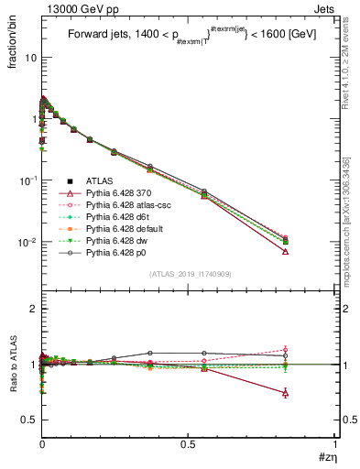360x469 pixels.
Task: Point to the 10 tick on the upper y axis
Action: pyautogui.click(x=29, y=57)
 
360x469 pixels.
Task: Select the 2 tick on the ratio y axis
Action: pyautogui.click(x=32, y=310)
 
